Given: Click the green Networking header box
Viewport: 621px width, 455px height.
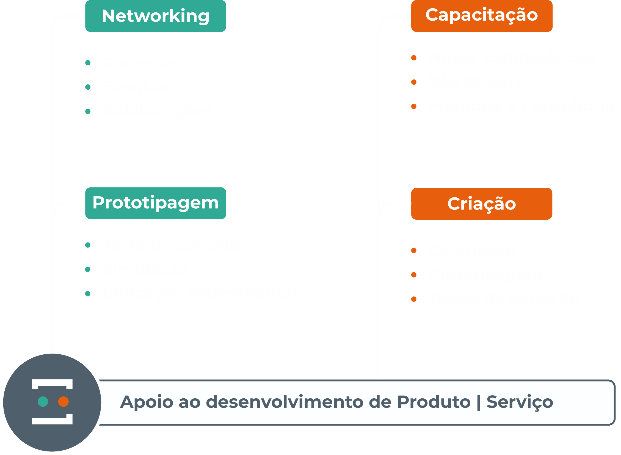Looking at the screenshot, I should click(156, 16).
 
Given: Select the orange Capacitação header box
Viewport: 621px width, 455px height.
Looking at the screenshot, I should click(482, 16).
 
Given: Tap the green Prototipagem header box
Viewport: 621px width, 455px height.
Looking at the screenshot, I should click(156, 203).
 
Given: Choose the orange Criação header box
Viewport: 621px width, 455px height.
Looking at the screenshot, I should click(482, 204).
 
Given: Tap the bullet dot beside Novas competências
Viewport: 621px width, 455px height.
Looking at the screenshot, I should click(414, 58).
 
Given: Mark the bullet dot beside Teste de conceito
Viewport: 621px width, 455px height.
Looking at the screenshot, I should click(88, 245).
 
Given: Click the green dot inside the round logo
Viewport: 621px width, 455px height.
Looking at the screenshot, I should click(43, 402).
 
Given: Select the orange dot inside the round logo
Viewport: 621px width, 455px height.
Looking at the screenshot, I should click(63, 402).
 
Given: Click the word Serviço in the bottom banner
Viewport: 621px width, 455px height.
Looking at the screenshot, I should click(520, 402).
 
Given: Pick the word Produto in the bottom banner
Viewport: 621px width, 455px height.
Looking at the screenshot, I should click(434, 402).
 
